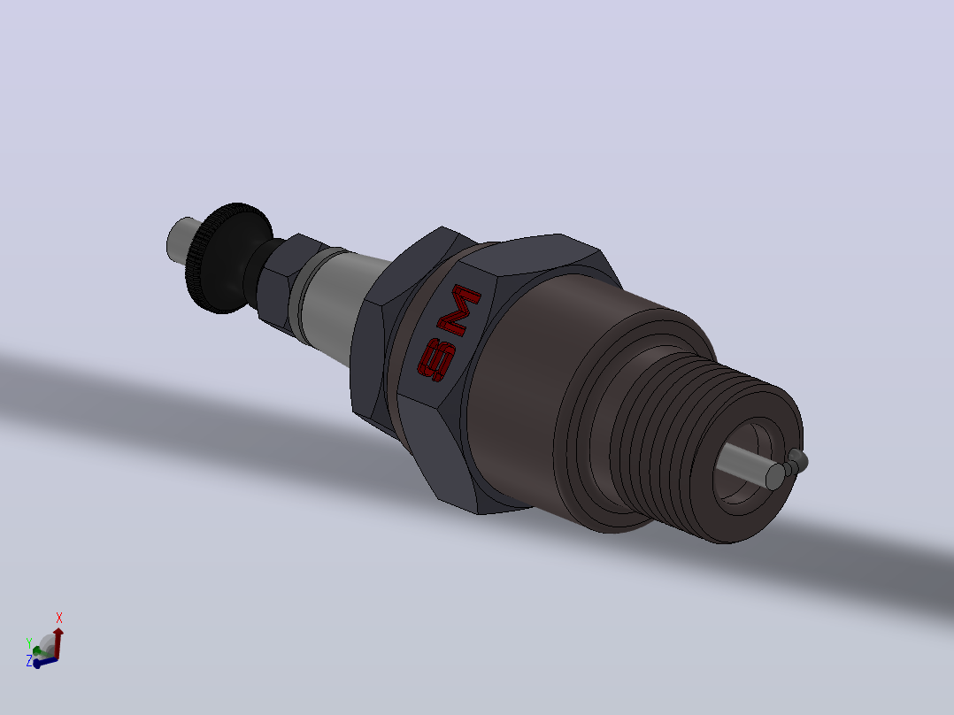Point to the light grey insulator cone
(341, 304)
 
